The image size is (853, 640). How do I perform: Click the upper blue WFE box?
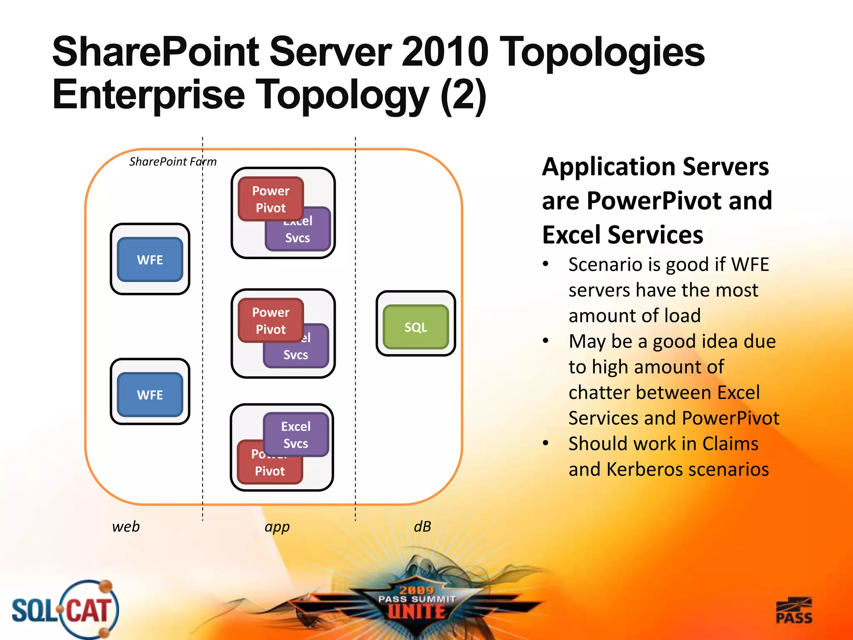150,260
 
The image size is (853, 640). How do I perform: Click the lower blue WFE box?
150,395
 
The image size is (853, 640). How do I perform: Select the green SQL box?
416,327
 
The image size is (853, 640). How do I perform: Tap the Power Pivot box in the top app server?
271,199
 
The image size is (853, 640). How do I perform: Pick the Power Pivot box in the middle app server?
271,320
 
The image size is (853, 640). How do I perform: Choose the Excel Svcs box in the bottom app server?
296,435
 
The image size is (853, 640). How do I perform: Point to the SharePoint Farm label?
173,162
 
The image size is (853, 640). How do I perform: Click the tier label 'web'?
126,527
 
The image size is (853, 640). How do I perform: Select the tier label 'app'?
277,527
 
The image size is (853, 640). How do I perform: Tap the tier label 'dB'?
422,527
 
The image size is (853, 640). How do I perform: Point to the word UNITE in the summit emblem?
417,612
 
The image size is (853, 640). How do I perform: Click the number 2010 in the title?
444,52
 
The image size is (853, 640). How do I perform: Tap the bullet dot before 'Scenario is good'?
546,264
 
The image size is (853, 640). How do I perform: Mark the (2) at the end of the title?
463,95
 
